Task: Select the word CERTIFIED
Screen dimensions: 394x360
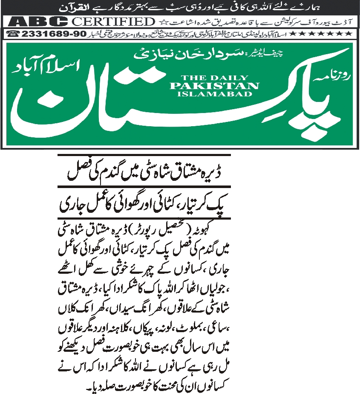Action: click(112, 21)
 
